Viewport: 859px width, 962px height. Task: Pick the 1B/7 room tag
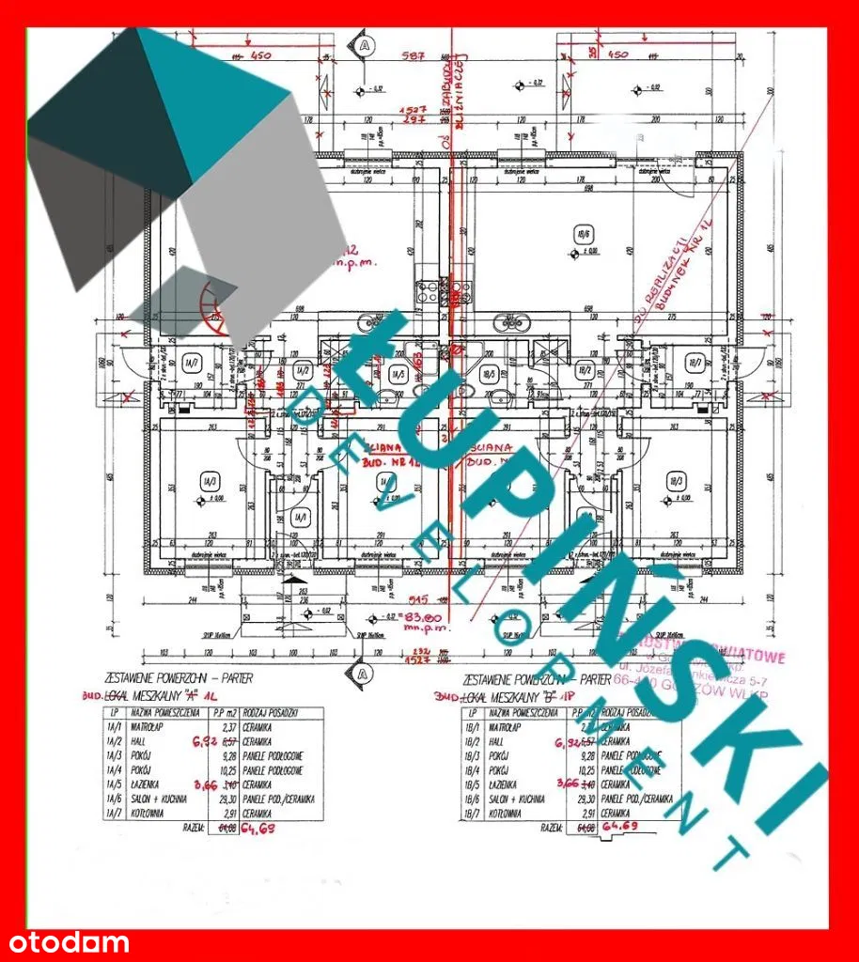[693, 362]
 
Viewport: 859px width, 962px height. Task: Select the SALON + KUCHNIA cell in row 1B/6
[515, 798]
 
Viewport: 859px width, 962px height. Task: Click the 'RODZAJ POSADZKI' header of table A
[278, 713]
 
